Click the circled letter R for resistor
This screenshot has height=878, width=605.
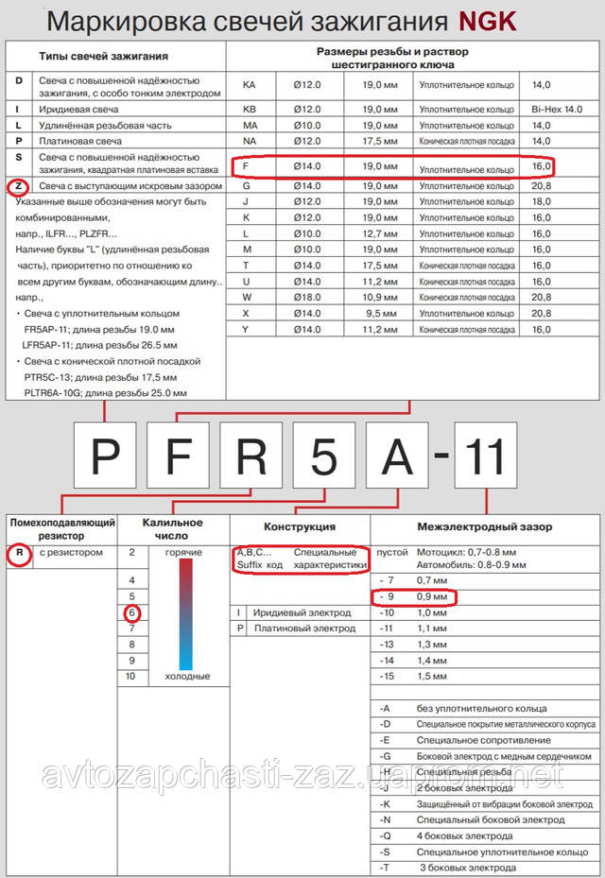pyautogui.click(x=17, y=553)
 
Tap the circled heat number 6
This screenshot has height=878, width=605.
pyautogui.click(x=132, y=612)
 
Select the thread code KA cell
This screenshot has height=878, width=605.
pyautogui.click(x=250, y=85)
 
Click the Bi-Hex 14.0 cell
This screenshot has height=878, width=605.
pyautogui.click(x=559, y=110)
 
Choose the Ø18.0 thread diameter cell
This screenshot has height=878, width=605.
pyautogui.click(x=307, y=297)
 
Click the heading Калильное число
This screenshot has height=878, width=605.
pyautogui.click(x=172, y=528)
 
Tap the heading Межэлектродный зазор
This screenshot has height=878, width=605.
pyautogui.click(x=484, y=526)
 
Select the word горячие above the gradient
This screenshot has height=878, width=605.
pyautogui.click(x=182, y=551)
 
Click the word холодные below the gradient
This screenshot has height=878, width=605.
pyautogui.click(x=187, y=677)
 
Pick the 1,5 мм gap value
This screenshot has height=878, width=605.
pyautogui.click(x=433, y=677)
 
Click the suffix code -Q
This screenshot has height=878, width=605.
pyautogui.click(x=385, y=836)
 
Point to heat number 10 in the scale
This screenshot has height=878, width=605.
pyautogui.click(x=131, y=677)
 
